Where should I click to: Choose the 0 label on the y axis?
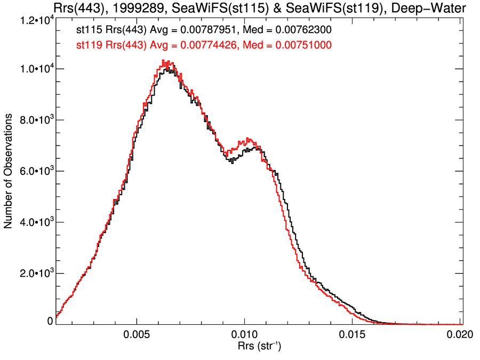(x=50, y=321)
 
